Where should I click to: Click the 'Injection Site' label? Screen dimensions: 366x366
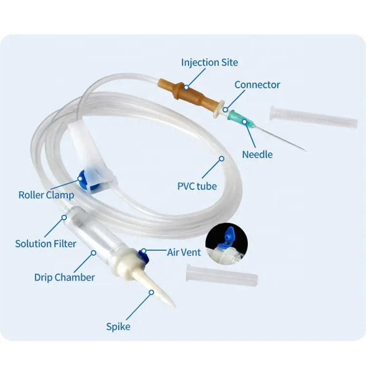click(209, 62)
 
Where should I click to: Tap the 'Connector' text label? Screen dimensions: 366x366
click(257, 85)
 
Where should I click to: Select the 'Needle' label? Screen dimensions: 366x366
click(257, 155)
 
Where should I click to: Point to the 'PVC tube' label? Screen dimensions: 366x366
click(197, 185)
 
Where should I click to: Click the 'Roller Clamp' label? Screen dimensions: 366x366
click(46, 195)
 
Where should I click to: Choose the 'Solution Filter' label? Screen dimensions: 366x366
click(46, 244)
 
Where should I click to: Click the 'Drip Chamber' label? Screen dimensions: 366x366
click(64, 277)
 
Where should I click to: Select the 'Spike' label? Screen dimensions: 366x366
click(118, 326)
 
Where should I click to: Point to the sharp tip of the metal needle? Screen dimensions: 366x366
click(305, 150)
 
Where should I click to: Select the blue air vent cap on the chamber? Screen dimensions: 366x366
click(144, 253)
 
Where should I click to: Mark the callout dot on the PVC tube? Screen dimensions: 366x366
click(221, 158)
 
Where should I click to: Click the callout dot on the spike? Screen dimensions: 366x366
click(152, 292)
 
